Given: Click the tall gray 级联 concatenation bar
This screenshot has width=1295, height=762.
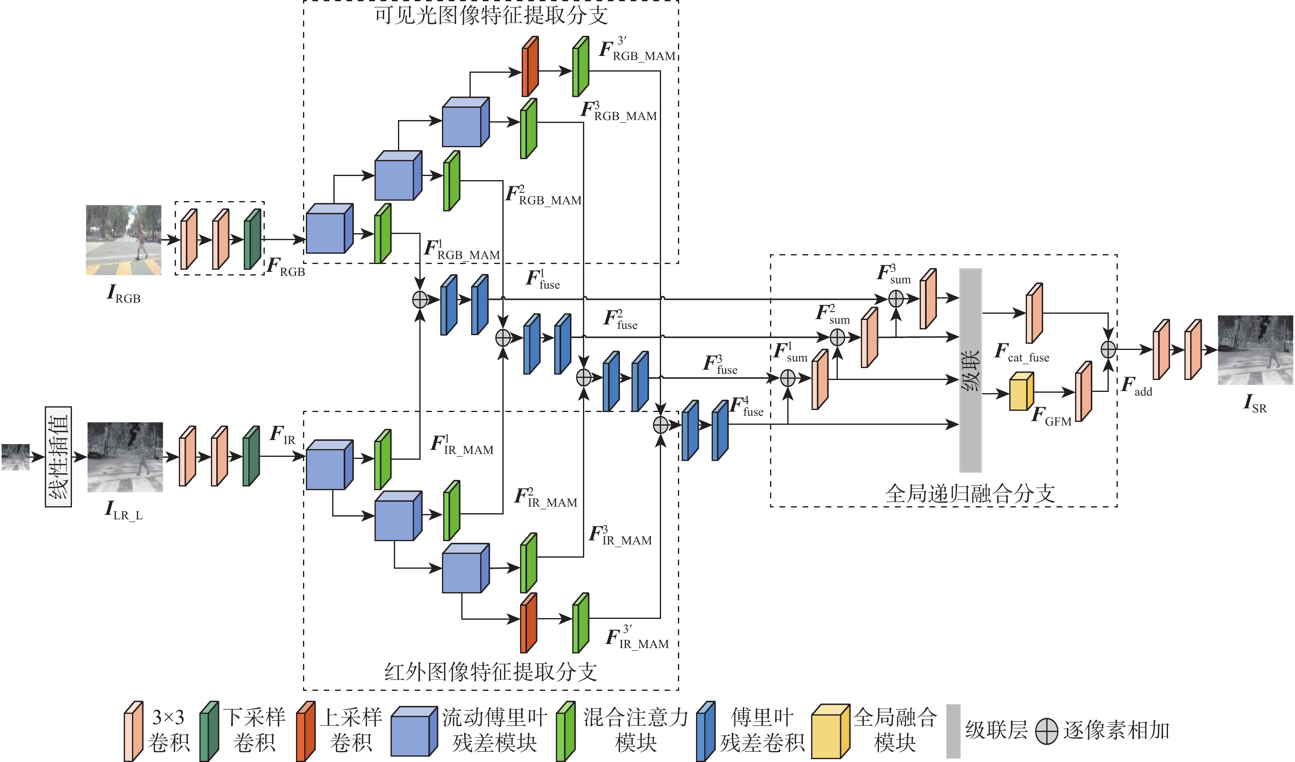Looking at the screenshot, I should [x=970, y=370].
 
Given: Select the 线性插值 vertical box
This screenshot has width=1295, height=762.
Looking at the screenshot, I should [x=58, y=456].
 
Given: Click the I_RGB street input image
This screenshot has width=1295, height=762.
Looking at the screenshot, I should [x=123, y=240].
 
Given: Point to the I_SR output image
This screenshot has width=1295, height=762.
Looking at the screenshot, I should [x=1255, y=350].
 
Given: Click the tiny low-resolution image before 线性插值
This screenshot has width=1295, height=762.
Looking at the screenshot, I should [x=16, y=457].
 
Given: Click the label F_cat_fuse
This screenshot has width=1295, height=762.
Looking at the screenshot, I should [x=1022, y=353].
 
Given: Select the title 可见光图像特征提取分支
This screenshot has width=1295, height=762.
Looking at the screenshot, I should [x=491, y=16].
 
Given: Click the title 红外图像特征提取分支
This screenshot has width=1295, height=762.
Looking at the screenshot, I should [x=491, y=672].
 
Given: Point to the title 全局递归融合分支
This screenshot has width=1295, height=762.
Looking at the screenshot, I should [x=970, y=493].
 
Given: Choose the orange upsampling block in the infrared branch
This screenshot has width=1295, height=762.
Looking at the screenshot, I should [x=528, y=623].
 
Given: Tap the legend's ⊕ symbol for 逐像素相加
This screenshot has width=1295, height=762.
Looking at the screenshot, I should [x=1046, y=731].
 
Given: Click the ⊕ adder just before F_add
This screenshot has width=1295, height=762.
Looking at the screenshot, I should [x=1108, y=350].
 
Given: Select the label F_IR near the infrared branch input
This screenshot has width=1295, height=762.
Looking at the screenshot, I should [x=283, y=435].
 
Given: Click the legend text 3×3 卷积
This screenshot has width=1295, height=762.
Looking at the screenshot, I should [x=168, y=730].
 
